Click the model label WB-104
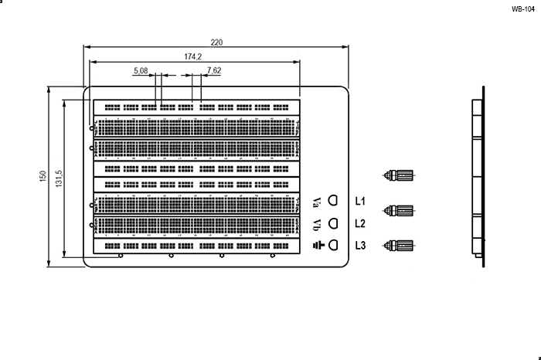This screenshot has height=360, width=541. (522, 9)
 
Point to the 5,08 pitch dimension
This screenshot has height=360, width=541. (141, 70)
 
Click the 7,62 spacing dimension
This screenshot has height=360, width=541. (214, 70)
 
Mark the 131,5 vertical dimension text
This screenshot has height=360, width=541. (60, 177)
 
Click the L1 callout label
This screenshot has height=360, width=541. (360, 202)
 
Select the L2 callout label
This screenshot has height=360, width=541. (360, 224)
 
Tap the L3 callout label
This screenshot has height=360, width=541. (360, 246)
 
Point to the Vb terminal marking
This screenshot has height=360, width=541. (317, 224)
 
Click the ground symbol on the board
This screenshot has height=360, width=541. (317, 246)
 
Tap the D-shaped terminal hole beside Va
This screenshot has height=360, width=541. (334, 201)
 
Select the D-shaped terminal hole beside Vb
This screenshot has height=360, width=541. (334, 224)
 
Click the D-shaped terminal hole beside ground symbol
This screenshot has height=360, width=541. (334, 246)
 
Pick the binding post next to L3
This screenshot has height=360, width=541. (401, 246)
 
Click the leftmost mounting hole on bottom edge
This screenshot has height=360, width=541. (120, 256)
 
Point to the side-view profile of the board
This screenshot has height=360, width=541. (478, 177)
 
